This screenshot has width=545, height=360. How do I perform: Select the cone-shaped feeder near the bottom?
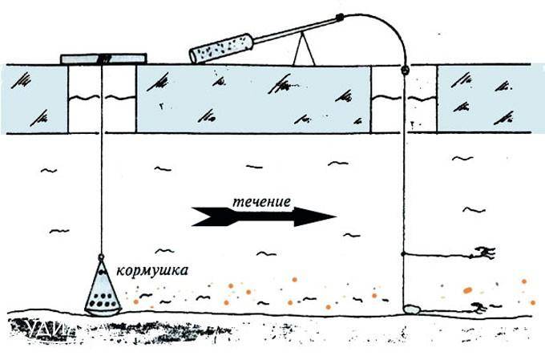pyautogui.click(x=103, y=289)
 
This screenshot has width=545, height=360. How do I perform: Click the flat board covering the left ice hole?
pyautogui.click(x=103, y=59)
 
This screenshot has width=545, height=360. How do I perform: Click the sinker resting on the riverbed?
pyautogui.click(x=412, y=307)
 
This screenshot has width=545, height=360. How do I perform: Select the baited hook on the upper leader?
pyautogui.click(x=483, y=254)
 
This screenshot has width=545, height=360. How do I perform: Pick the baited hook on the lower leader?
pyautogui.click(x=479, y=307)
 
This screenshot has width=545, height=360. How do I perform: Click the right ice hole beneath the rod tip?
pyautogui.click(x=406, y=100)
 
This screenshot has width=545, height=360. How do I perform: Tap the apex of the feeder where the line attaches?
pyautogui.click(x=103, y=257)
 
